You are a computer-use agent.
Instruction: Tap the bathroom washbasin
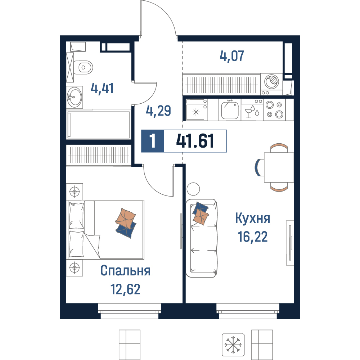click(x=75, y=97)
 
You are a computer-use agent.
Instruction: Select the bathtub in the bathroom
click(x=99, y=125)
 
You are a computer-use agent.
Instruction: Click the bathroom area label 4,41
click(x=102, y=89)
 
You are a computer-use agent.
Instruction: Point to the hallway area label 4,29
click(x=158, y=111)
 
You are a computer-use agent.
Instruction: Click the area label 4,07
click(x=231, y=56)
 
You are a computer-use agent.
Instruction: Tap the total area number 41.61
click(x=195, y=141)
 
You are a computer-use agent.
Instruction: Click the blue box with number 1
click(x=152, y=141)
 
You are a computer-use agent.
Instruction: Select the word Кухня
click(x=253, y=218)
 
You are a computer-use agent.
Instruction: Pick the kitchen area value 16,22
click(x=253, y=237)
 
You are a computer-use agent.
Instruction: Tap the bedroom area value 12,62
click(x=125, y=289)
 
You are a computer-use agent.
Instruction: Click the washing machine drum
click(x=271, y=81)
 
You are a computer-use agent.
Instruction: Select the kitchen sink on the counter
click(x=230, y=110)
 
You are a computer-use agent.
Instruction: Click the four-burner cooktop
click(x=275, y=109)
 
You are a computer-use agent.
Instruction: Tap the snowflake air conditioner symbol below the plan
click(x=233, y=345)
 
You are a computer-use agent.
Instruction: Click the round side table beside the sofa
click(x=193, y=189)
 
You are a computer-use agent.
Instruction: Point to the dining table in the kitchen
click(x=279, y=167)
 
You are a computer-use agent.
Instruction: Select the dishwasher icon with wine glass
click(x=252, y=109)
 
